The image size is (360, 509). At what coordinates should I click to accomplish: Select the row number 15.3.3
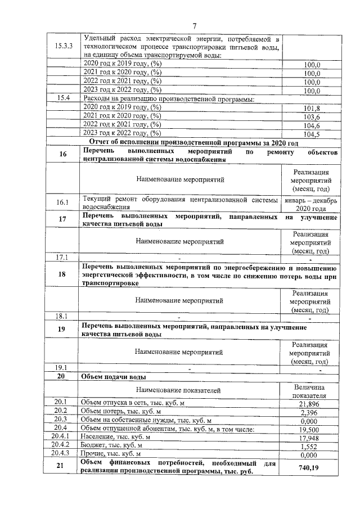pyautogui.click(x=63, y=47)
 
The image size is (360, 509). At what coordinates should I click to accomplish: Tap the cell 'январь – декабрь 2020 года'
pyautogui.click(x=310, y=204)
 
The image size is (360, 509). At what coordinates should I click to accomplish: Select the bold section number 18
pyautogui.click(x=63, y=274)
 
